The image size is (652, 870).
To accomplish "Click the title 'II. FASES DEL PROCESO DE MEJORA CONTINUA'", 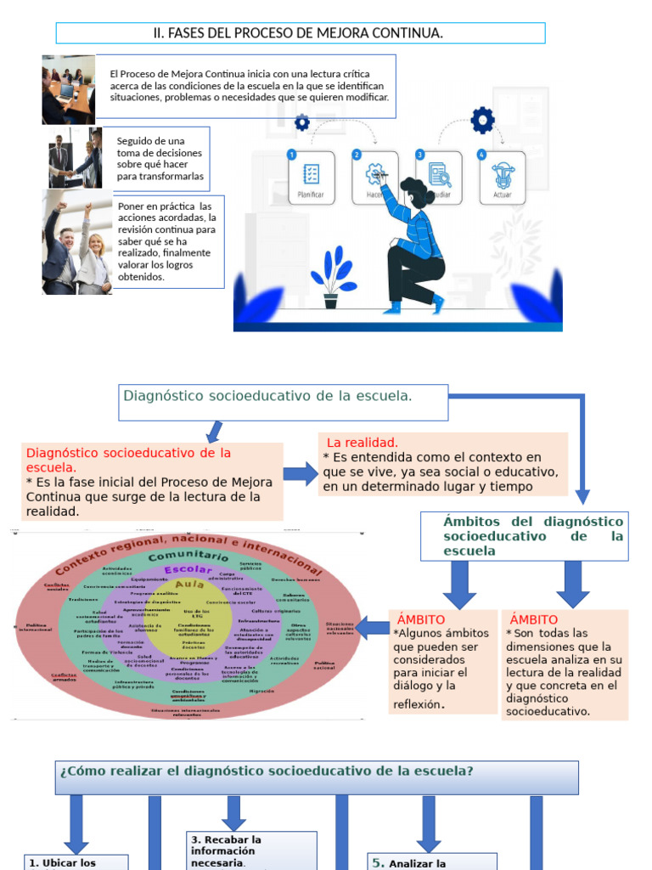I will pos(300,33).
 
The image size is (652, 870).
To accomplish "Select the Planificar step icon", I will pos(311,178).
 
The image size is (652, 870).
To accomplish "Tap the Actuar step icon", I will pos(502,178).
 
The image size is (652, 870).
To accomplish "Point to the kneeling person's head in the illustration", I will pos(415,192).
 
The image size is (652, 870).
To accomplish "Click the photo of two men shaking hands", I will pos(75,158).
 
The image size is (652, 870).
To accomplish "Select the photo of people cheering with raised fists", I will pos(77,243).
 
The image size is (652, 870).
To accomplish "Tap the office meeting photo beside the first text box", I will pos(68,90).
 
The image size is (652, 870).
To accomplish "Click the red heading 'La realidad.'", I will pos(362,443).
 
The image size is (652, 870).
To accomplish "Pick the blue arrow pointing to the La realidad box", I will pos(300,474).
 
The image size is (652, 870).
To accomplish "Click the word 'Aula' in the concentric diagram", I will pos(188,585).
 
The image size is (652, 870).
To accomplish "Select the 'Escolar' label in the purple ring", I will pos(188,569).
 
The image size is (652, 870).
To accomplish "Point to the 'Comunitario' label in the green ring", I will pos(188,555).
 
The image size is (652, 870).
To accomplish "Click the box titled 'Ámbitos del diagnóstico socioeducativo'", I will pos(525,536).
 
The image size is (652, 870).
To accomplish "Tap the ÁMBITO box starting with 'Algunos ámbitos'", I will pos(442,661).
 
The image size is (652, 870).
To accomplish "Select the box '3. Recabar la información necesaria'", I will pos(252,850).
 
